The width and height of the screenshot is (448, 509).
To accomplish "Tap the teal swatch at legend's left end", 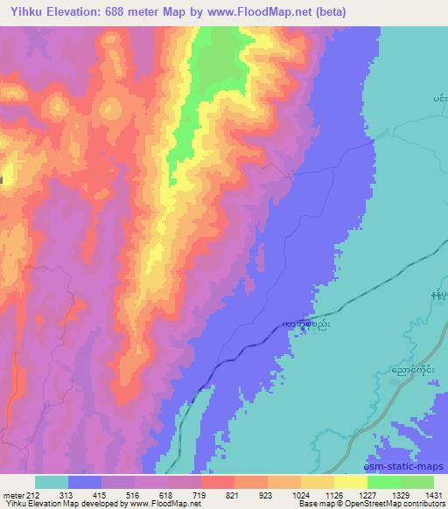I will tap(52, 482).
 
